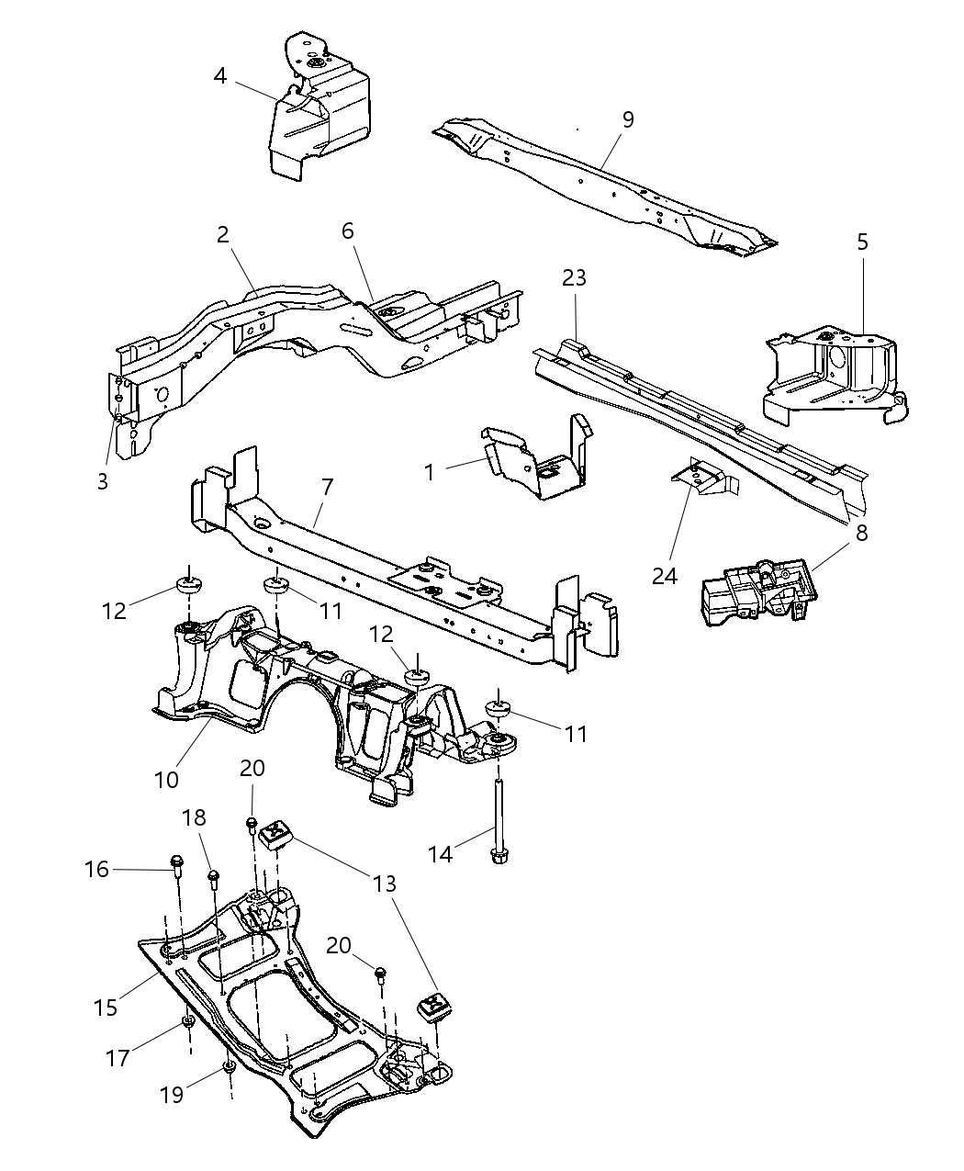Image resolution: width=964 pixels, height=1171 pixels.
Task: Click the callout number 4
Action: tap(220, 74)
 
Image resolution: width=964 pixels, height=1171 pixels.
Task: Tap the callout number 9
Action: tap(628, 119)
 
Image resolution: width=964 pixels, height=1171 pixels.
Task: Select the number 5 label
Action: tap(862, 242)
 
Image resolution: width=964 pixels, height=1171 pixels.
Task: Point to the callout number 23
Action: tap(574, 277)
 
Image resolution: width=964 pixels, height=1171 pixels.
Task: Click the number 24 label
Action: tap(665, 575)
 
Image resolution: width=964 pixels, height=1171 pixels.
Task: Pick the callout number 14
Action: tap(442, 854)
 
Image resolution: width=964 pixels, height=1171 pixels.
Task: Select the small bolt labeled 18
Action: tap(213, 877)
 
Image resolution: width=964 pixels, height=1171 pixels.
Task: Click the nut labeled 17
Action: tap(188, 1022)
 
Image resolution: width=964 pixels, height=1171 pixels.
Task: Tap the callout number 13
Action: tap(385, 884)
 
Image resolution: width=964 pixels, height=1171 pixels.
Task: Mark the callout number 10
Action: tap(166, 780)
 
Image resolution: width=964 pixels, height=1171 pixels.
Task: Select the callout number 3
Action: tap(103, 480)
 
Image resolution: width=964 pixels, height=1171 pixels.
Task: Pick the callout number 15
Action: tap(106, 1007)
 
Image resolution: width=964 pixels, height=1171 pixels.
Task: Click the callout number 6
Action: tap(348, 231)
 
